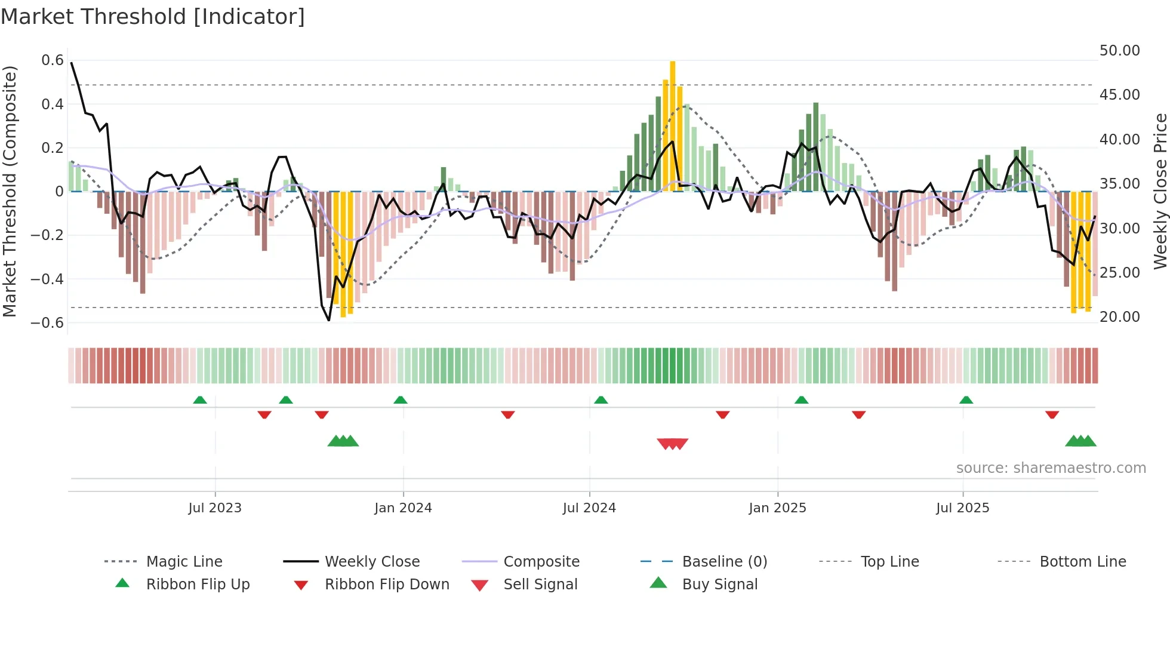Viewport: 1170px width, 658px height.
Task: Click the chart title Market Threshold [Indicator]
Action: (153, 17)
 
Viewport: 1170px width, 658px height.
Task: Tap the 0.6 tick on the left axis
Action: (53, 60)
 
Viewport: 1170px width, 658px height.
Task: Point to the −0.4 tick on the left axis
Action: (47, 279)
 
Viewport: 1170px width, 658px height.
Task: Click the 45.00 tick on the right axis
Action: (1119, 95)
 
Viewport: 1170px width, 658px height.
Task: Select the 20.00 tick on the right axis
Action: (1119, 317)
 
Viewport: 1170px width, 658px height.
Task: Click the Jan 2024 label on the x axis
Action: (403, 508)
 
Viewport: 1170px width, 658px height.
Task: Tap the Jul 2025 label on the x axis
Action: (962, 508)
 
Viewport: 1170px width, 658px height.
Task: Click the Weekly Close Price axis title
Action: (1160, 191)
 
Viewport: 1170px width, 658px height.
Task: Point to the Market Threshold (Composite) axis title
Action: (10, 191)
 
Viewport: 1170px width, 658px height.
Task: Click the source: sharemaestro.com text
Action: (1051, 468)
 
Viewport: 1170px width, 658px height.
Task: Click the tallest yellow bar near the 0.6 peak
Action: (673, 125)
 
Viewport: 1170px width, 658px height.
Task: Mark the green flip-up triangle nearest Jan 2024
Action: (401, 400)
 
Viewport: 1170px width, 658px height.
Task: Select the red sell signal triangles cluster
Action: (673, 444)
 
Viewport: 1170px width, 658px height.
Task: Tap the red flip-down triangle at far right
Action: (1052, 414)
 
